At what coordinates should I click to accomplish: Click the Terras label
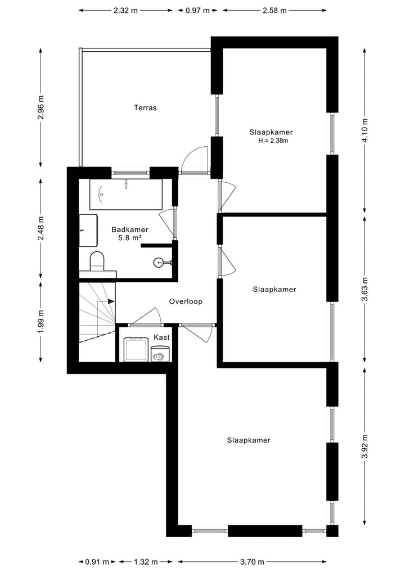145,107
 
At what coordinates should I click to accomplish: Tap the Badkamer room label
130,229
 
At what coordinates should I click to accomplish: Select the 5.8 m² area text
130,238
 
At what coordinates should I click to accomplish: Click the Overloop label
186,301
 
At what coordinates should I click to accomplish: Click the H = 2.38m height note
273,141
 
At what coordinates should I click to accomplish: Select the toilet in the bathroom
97,260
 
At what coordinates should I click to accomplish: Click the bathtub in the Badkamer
126,194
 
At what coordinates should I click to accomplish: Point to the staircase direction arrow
110,301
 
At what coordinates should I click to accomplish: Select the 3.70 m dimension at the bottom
252,561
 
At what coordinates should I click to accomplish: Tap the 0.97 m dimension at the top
197,10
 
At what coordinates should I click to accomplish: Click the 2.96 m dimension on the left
40,107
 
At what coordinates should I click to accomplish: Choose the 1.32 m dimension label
145,561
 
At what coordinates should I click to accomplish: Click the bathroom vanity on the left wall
87,230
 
